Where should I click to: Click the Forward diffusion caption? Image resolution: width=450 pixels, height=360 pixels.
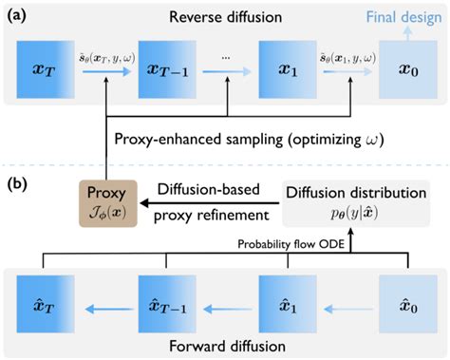(x=225, y=343)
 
